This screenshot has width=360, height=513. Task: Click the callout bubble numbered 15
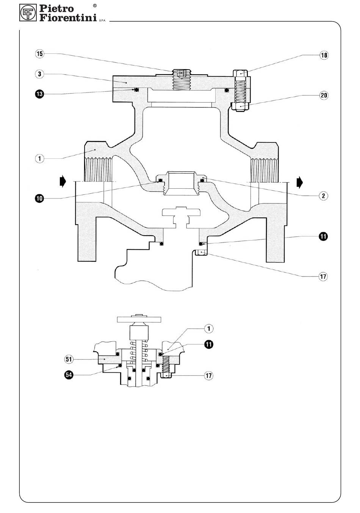39,54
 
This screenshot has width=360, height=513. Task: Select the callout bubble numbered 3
39,74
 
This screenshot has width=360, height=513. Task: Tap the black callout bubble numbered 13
39,94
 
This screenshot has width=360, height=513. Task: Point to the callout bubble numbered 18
324,55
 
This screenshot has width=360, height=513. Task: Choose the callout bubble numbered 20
324,95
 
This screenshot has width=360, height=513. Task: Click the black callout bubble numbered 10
39,198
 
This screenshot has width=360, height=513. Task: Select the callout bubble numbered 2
323,196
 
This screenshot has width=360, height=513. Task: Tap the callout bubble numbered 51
69,359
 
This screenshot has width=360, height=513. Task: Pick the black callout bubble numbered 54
69,375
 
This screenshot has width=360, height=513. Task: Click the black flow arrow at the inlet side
63,181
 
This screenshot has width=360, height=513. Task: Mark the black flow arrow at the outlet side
299,182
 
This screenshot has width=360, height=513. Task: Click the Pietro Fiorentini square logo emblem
28,13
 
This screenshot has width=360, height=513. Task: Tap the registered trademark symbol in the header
95,6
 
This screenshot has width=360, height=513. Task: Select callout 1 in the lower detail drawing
208,328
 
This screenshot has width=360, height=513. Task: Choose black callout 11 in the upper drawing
323,236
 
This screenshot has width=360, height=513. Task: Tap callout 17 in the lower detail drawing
208,375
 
